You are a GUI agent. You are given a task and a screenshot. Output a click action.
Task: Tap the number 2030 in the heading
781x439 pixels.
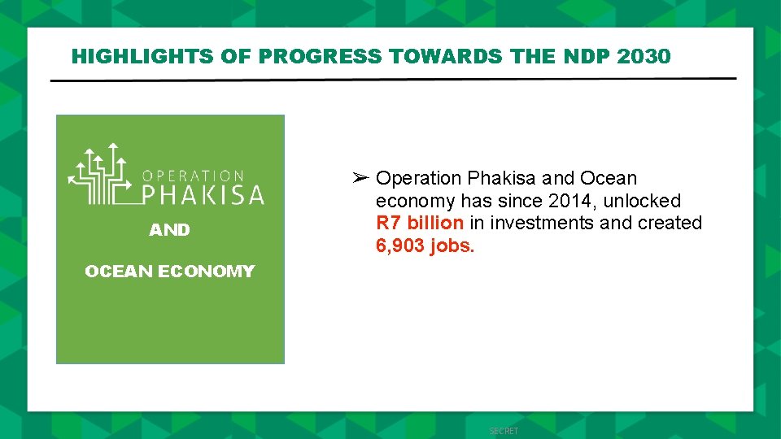(644, 56)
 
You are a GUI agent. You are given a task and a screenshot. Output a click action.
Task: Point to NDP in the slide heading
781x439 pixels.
(587, 56)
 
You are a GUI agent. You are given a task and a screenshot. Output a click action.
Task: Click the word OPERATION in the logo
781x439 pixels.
(194, 176)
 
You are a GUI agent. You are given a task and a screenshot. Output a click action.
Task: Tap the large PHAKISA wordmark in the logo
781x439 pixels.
(203, 195)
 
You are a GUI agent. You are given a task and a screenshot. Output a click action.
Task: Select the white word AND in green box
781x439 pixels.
(169, 230)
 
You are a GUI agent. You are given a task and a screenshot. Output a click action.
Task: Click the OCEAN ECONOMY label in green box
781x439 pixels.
(169, 272)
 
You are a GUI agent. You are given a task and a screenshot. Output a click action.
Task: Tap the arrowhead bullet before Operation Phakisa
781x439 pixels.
(362, 177)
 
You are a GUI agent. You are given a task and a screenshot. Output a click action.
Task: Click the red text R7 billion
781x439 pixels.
(420, 223)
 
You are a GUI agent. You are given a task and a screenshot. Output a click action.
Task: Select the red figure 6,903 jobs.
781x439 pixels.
(425, 246)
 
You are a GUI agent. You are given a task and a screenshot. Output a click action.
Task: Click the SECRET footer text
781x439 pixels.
(504, 431)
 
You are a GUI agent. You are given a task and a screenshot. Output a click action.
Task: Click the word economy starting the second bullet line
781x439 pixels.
(415, 200)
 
